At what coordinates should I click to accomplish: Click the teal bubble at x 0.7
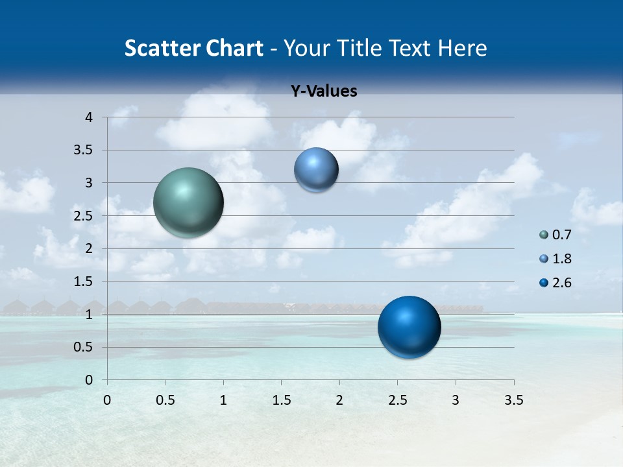[188, 202]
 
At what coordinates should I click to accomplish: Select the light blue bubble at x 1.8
[316, 170]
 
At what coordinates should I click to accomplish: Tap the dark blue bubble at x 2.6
[409, 327]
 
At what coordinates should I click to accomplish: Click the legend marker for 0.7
[544, 235]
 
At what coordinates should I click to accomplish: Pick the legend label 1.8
[561, 259]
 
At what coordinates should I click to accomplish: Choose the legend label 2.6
[561, 283]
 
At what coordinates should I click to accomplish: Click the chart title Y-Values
[324, 91]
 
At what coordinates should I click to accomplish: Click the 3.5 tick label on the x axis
[513, 400]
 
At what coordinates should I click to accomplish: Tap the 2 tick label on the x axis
[339, 400]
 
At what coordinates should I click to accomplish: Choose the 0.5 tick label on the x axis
[165, 400]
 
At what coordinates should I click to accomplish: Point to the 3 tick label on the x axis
[456, 400]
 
